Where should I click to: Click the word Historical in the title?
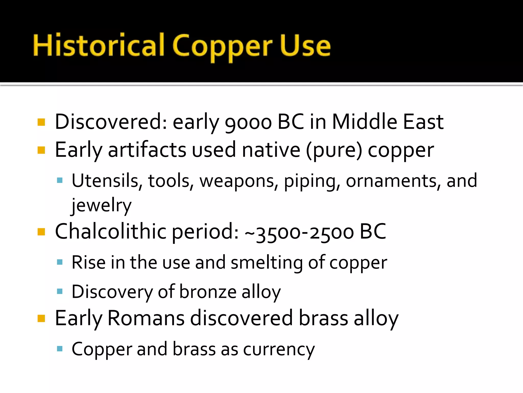point(99,46)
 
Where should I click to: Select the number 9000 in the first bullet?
point(248,122)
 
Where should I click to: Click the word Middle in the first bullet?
point(364,122)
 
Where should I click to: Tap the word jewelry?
point(101,205)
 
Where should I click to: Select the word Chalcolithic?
point(111,231)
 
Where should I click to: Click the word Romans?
point(146,318)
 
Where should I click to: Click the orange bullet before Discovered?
point(41,122)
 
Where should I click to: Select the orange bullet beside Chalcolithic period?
point(41,232)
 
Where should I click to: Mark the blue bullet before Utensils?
point(60,181)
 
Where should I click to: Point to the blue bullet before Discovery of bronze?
point(60,291)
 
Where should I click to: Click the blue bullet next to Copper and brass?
point(60,349)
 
